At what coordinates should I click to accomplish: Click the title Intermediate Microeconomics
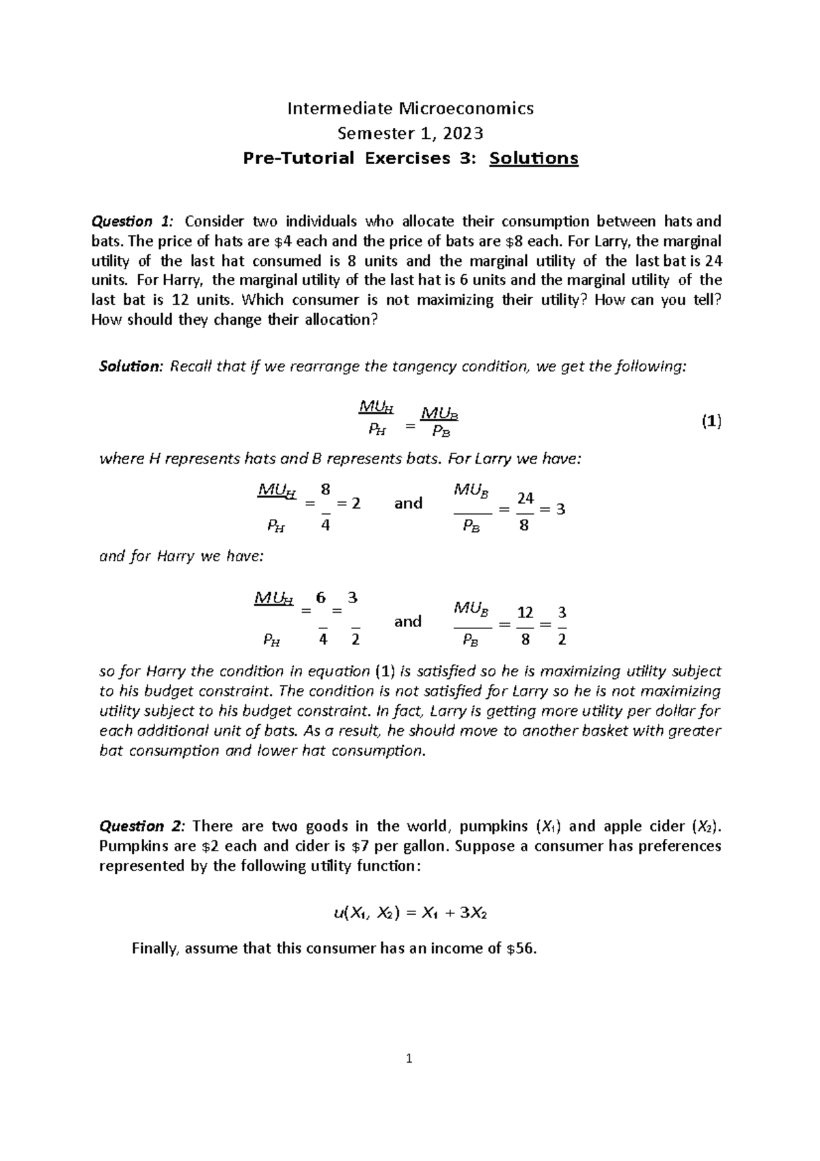pos(410,108)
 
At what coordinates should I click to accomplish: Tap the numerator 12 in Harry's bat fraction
pos(524,613)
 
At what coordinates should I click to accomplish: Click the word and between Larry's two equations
pos(409,503)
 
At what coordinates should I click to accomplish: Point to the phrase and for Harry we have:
pos(181,556)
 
